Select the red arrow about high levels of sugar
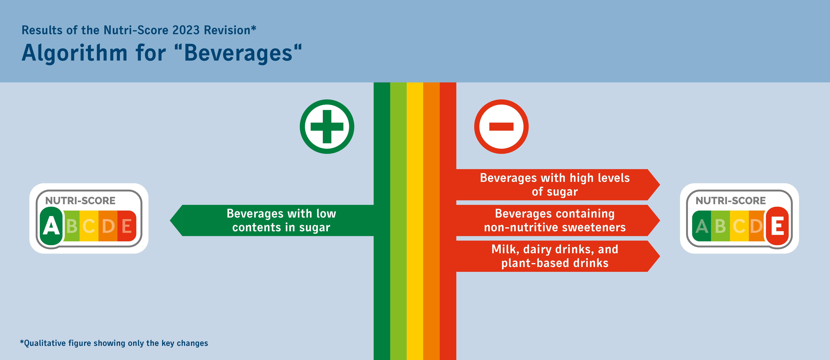pyautogui.click(x=558, y=185)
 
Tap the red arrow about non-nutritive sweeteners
pyautogui.click(x=558, y=220)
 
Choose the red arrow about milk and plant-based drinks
pyautogui.click(x=558, y=256)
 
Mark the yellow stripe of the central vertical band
pyautogui.click(x=415, y=221)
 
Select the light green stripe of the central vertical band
pyautogui.click(x=399, y=221)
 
